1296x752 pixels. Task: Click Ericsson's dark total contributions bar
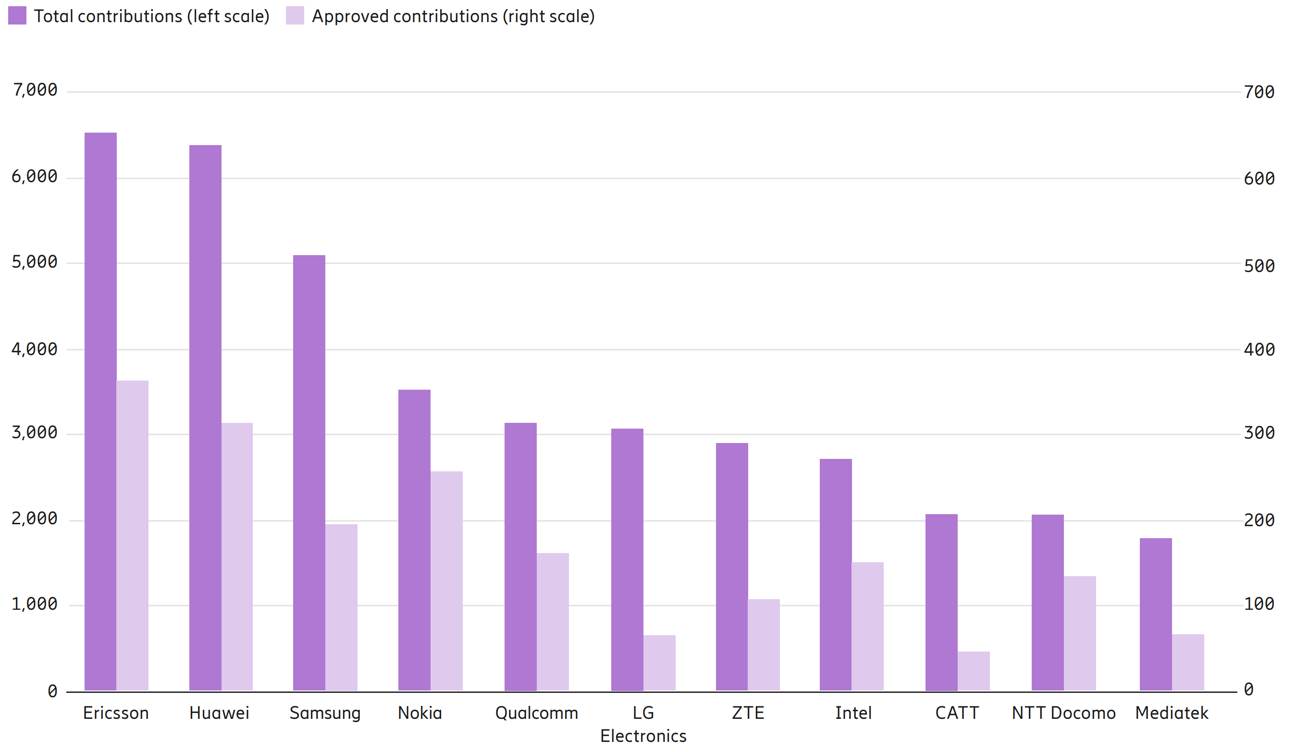(x=100, y=411)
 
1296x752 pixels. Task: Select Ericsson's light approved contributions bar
(x=132, y=535)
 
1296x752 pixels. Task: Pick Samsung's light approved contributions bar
(x=341, y=607)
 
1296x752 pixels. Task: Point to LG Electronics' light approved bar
(x=659, y=663)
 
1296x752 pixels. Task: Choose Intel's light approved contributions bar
(x=867, y=626)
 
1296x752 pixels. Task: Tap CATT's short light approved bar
(x=974, y=671)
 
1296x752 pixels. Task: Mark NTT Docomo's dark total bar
(x=1048, y=602)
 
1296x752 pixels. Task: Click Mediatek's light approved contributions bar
(x=1188, y=662)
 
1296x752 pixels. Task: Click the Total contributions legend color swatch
(x=17, y=16)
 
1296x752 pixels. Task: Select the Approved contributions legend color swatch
(x=295, y=16)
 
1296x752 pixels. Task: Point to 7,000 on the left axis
(x=35, y=90)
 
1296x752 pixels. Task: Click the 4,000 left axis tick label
(x=35, y=349)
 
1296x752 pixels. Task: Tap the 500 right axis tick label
(x=1259, y=266)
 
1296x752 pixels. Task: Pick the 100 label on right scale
(x=1259, y=604)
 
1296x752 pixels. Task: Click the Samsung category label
(x=324, y=713)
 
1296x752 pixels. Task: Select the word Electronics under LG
(x=643, y=736)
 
